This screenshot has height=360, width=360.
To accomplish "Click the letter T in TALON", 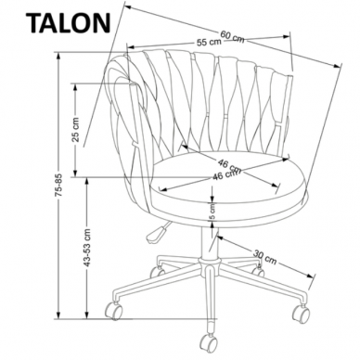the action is pyautogui.click(x=17, y=20).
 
